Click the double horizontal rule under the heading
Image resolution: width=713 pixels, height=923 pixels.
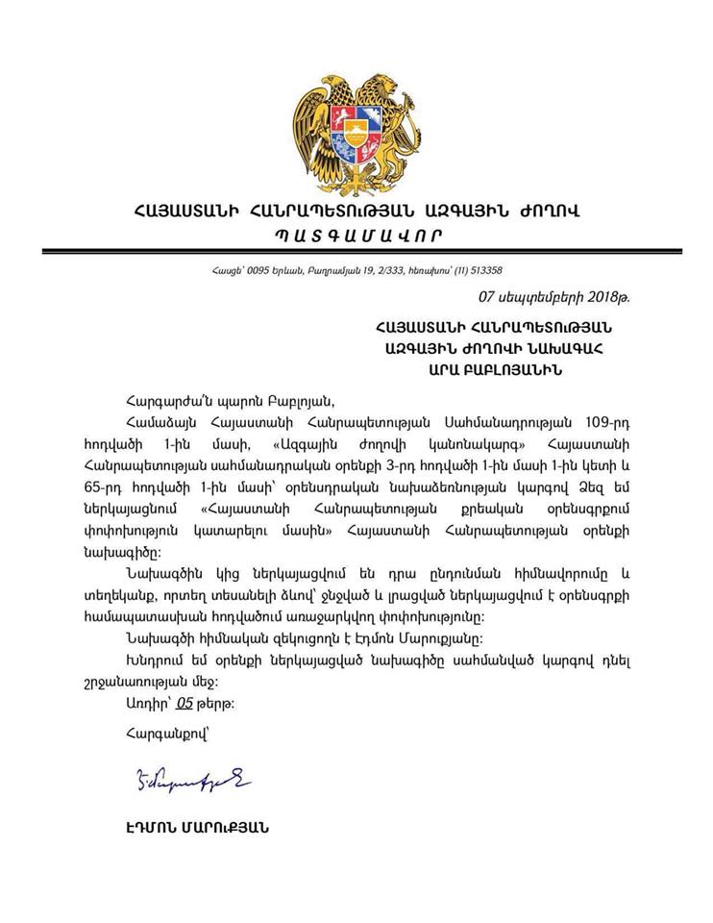coord(355,252)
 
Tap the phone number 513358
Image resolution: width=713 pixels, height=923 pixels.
coord(480,270)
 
